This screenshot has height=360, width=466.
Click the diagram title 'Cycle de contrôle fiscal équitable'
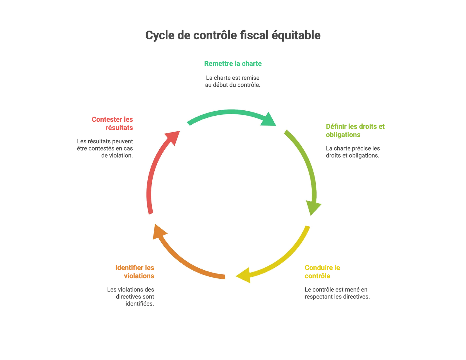[x=233, y=35]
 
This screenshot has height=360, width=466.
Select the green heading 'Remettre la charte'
[x=233, y=63]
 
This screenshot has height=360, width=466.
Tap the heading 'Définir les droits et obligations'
[x=355, y=130]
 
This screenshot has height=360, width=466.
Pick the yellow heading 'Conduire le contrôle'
[x=322, y=272]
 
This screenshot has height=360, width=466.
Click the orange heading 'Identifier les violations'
[x=135, y=272]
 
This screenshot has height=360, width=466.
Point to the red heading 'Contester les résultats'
[x=112, y=123]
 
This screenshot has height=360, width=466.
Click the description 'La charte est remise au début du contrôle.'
[x=233, y=81]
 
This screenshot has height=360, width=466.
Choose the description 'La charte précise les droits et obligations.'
[x=353, y=152]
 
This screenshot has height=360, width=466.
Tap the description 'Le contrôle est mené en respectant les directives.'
[x=337, y=293]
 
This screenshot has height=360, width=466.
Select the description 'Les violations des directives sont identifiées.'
[x=130, y=297]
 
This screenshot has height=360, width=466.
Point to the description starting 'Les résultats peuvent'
[x=105, y=148]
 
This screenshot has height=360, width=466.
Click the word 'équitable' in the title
[x=296, y=36]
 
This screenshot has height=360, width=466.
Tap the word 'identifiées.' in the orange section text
[x=140, y=304]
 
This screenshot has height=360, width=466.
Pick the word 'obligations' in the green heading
[x=343, y=135]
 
